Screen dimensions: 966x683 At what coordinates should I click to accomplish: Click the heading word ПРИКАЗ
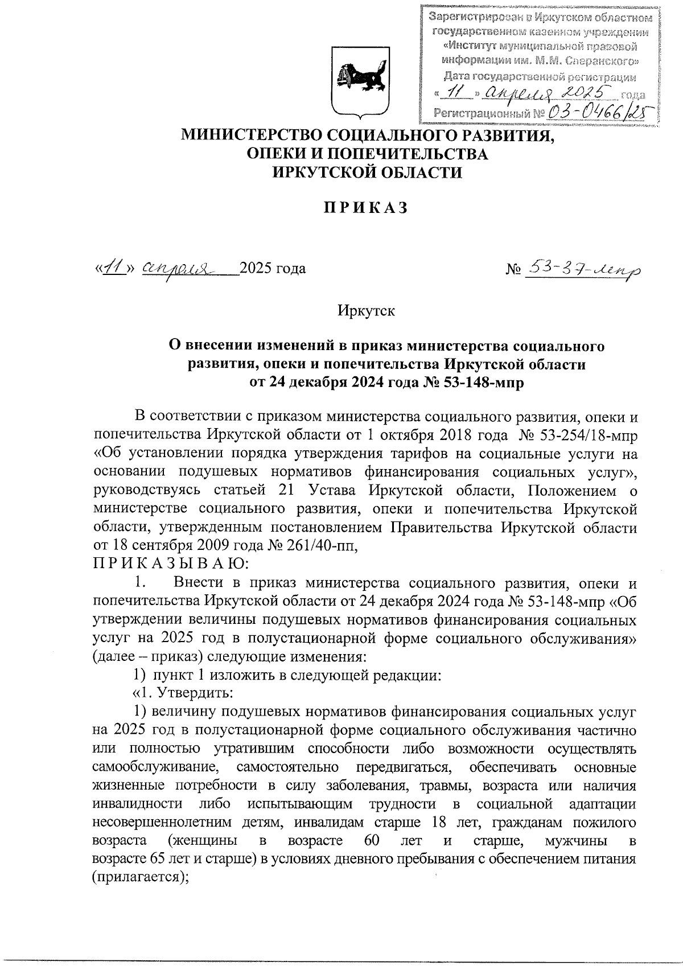pyautogui.click(x=367, y=209)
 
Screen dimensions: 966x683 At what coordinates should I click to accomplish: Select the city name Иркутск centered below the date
pyautogui.click(x=366, y=311)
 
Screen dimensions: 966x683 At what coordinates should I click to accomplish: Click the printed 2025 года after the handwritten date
pyautogui.click(x=273, y=268)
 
